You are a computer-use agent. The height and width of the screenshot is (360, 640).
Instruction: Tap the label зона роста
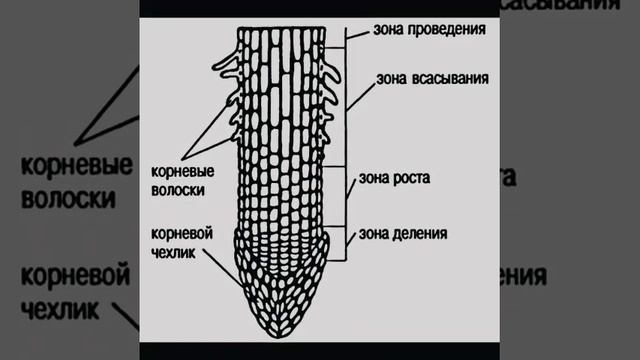coord(395,179)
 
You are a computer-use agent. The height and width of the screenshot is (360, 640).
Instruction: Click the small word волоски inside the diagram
coord(181,188)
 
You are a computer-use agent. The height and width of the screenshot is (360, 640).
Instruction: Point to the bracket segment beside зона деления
coord(347,241)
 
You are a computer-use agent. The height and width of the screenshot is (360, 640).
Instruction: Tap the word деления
coord(420,235)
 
